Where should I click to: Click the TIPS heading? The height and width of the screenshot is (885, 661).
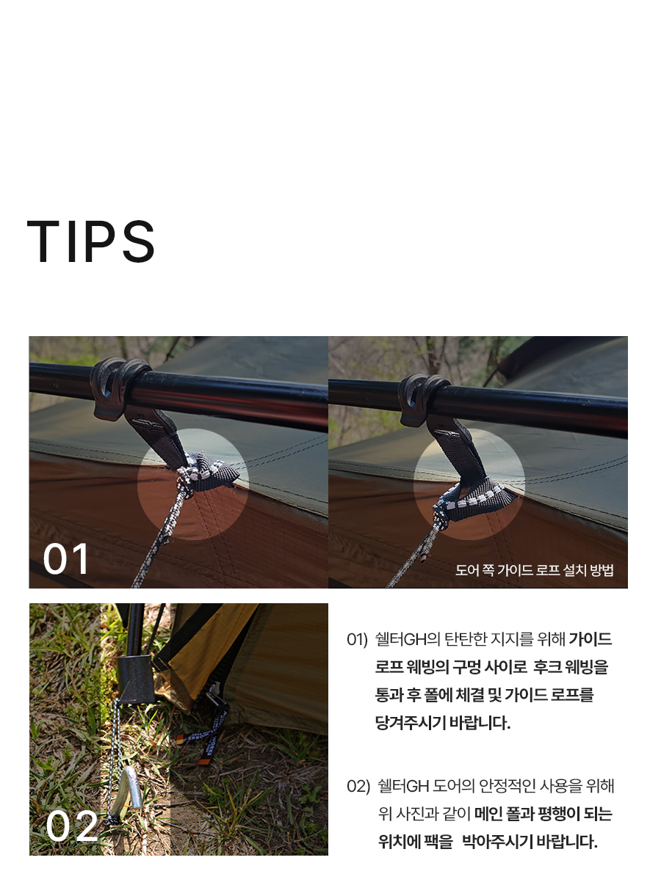pyautogui.click(x=90, y=241)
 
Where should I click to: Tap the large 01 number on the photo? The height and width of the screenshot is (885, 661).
pyautogui.click(x=66, y=559)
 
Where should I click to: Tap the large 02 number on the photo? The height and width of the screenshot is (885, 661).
pyautogui.click(x=72, y=826)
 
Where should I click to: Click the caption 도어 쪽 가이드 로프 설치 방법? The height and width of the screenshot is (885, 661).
pyautogui.click(x=534, y=570)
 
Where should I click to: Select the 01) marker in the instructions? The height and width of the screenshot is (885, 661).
pyautogui.click(x=357, y=639)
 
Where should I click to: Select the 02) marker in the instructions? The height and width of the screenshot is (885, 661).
pyautogui.click(x=358, y=786)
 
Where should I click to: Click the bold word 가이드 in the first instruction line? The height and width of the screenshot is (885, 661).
pyautogui.click(x=590, y=639)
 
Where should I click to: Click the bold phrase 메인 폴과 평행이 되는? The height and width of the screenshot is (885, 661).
pyautogui.click(x=543, y=814)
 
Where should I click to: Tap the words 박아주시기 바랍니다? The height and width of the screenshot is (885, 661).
pyautogui.click(x=530, y=842)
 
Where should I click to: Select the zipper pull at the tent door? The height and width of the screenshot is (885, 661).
pyautogui.click(x=214, y=693)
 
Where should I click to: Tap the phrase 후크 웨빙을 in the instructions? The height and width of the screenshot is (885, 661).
pyautogui.click(x=571, y=667)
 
